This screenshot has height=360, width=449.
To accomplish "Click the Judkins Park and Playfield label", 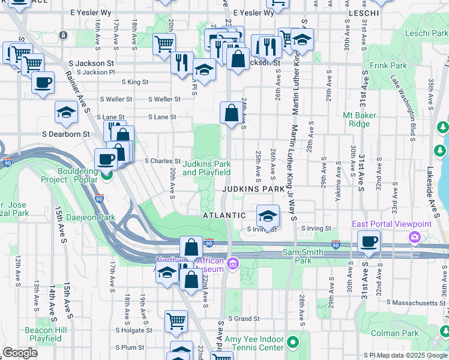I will pyautogui.click(x=206, y=168).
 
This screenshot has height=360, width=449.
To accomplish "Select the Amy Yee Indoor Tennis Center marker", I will pyautogui.click(x=293, y=343).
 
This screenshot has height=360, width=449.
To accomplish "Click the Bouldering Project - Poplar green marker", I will pyautogui.click(x=107, y=175).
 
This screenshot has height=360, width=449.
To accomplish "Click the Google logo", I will pyautogui.click(x=20, y=353).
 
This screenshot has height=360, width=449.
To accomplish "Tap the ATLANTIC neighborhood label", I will pyautogui.click(x=224, y=215).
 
